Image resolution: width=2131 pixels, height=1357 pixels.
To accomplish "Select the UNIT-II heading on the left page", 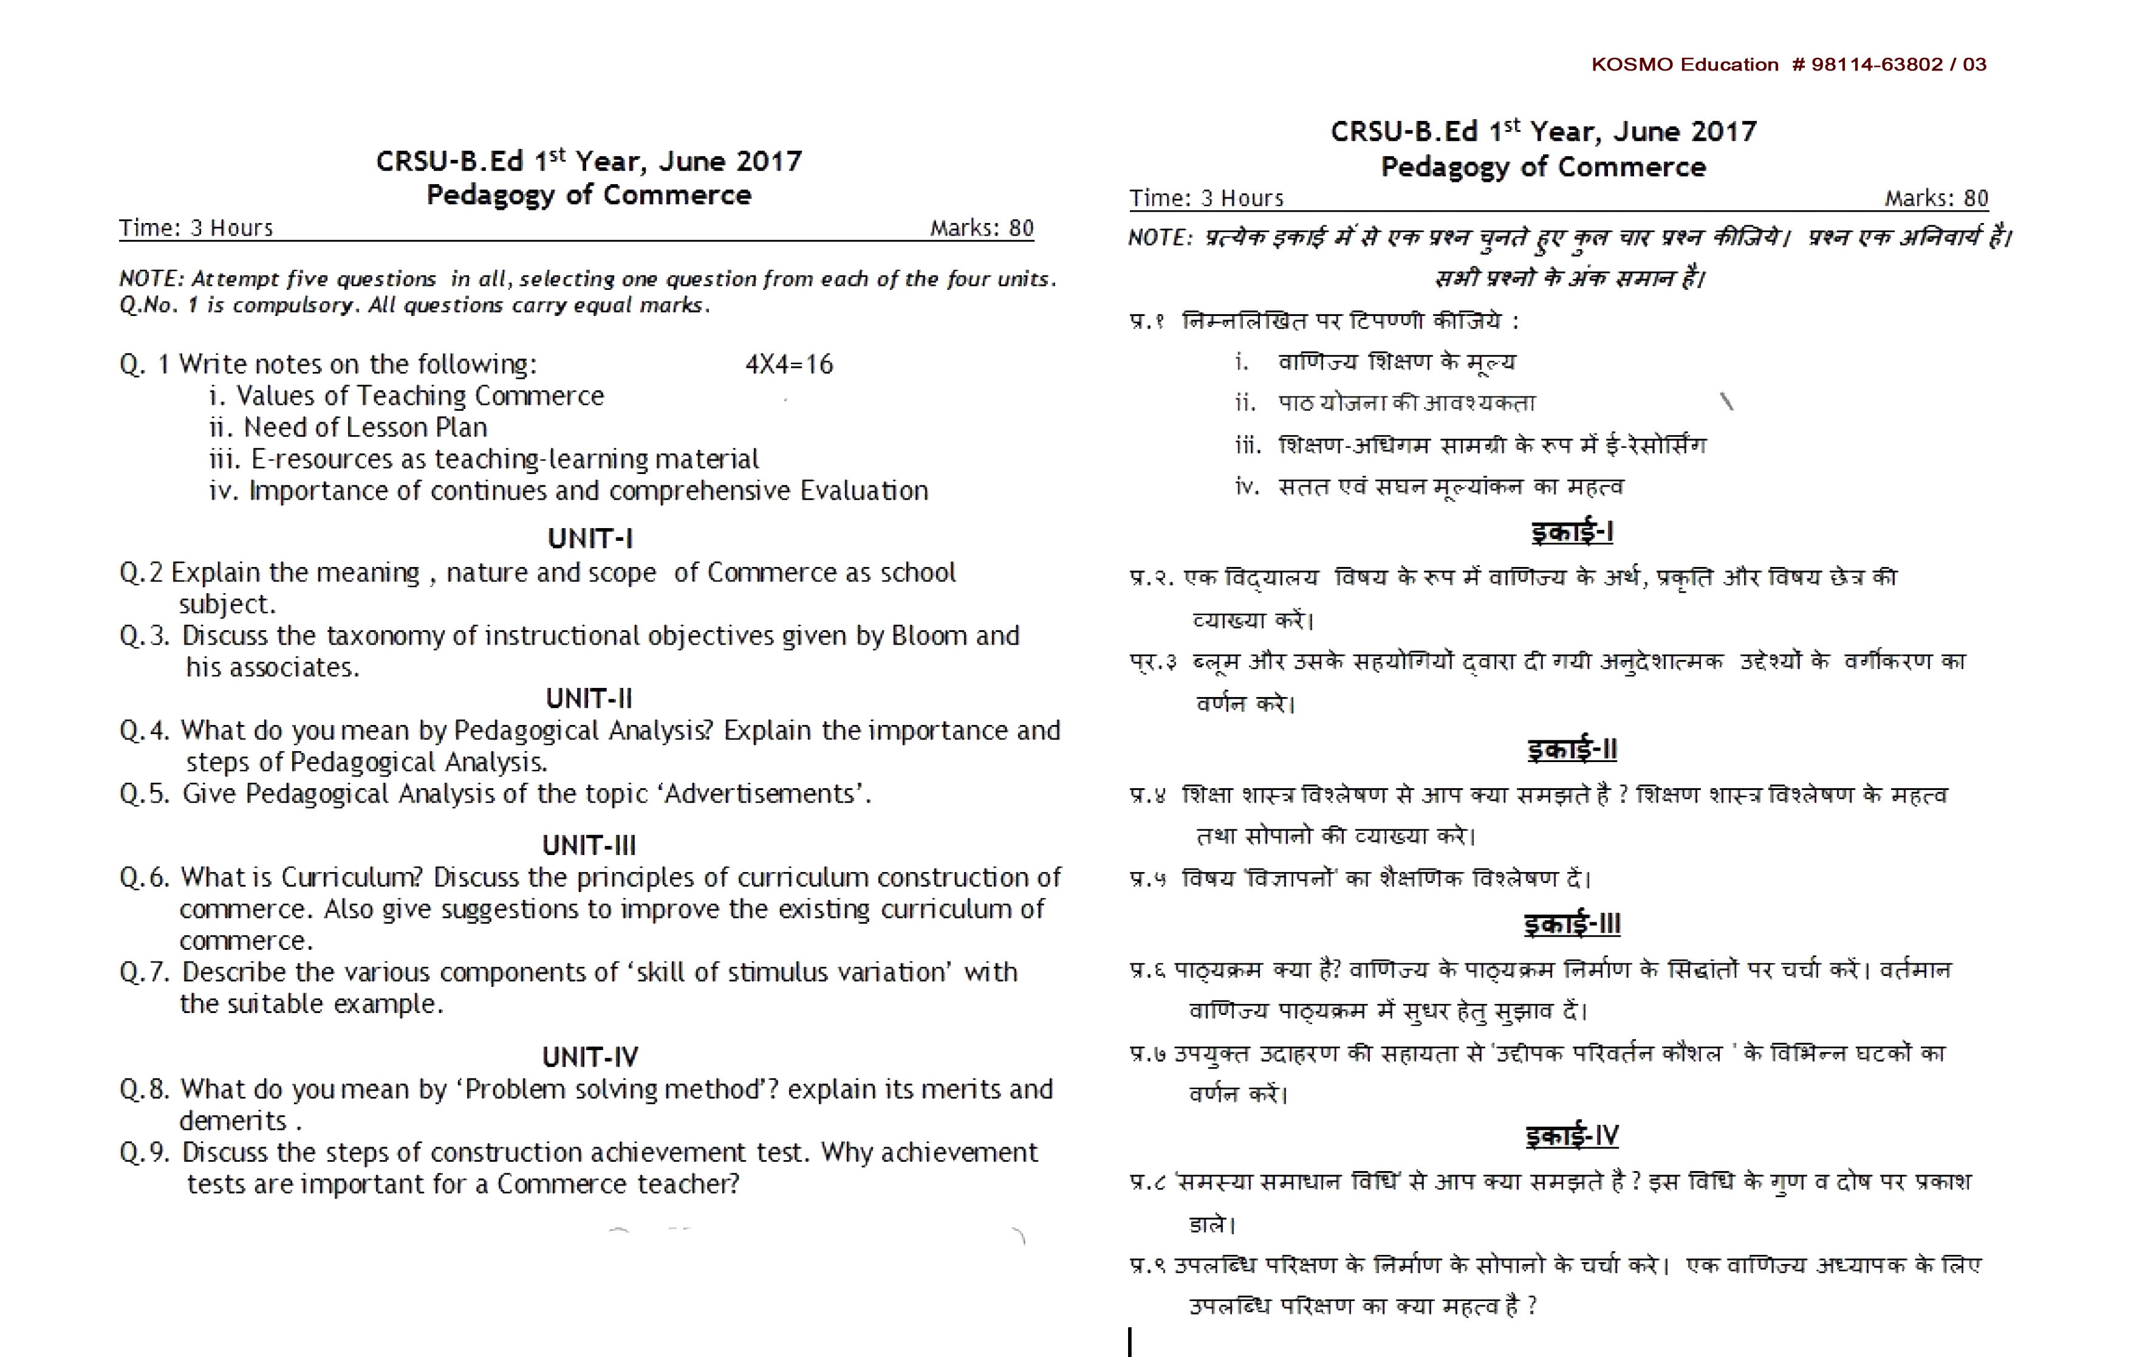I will [x=589, y=698].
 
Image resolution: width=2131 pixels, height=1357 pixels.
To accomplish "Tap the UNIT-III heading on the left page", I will [x=589, y=845].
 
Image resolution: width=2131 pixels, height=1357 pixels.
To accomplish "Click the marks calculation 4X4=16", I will [x=788, y=364].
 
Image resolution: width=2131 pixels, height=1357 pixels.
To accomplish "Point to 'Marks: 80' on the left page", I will [x=982, y=228].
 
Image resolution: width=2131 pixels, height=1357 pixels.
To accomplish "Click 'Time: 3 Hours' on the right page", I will [x=1205, y=198].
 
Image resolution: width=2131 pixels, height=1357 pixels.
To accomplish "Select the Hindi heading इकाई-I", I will [x=1572, y=532].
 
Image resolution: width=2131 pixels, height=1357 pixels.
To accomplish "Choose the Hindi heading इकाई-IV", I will [x=1572, y=1136].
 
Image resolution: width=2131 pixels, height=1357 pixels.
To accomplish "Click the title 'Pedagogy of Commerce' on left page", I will [x=589, y=194].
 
